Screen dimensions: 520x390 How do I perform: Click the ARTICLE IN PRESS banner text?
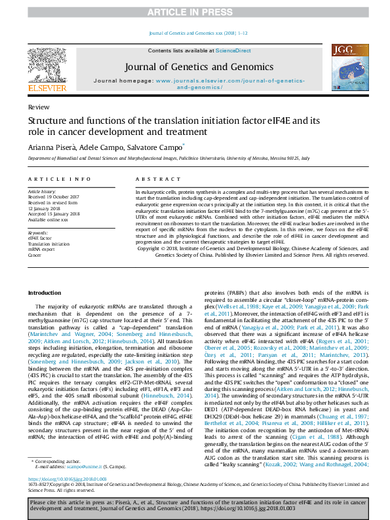(195, 12)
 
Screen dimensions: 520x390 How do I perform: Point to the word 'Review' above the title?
(37, 106)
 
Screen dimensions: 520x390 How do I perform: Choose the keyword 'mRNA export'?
(41, 249)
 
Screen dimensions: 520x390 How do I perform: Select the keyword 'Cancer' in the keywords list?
(34, 255)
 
